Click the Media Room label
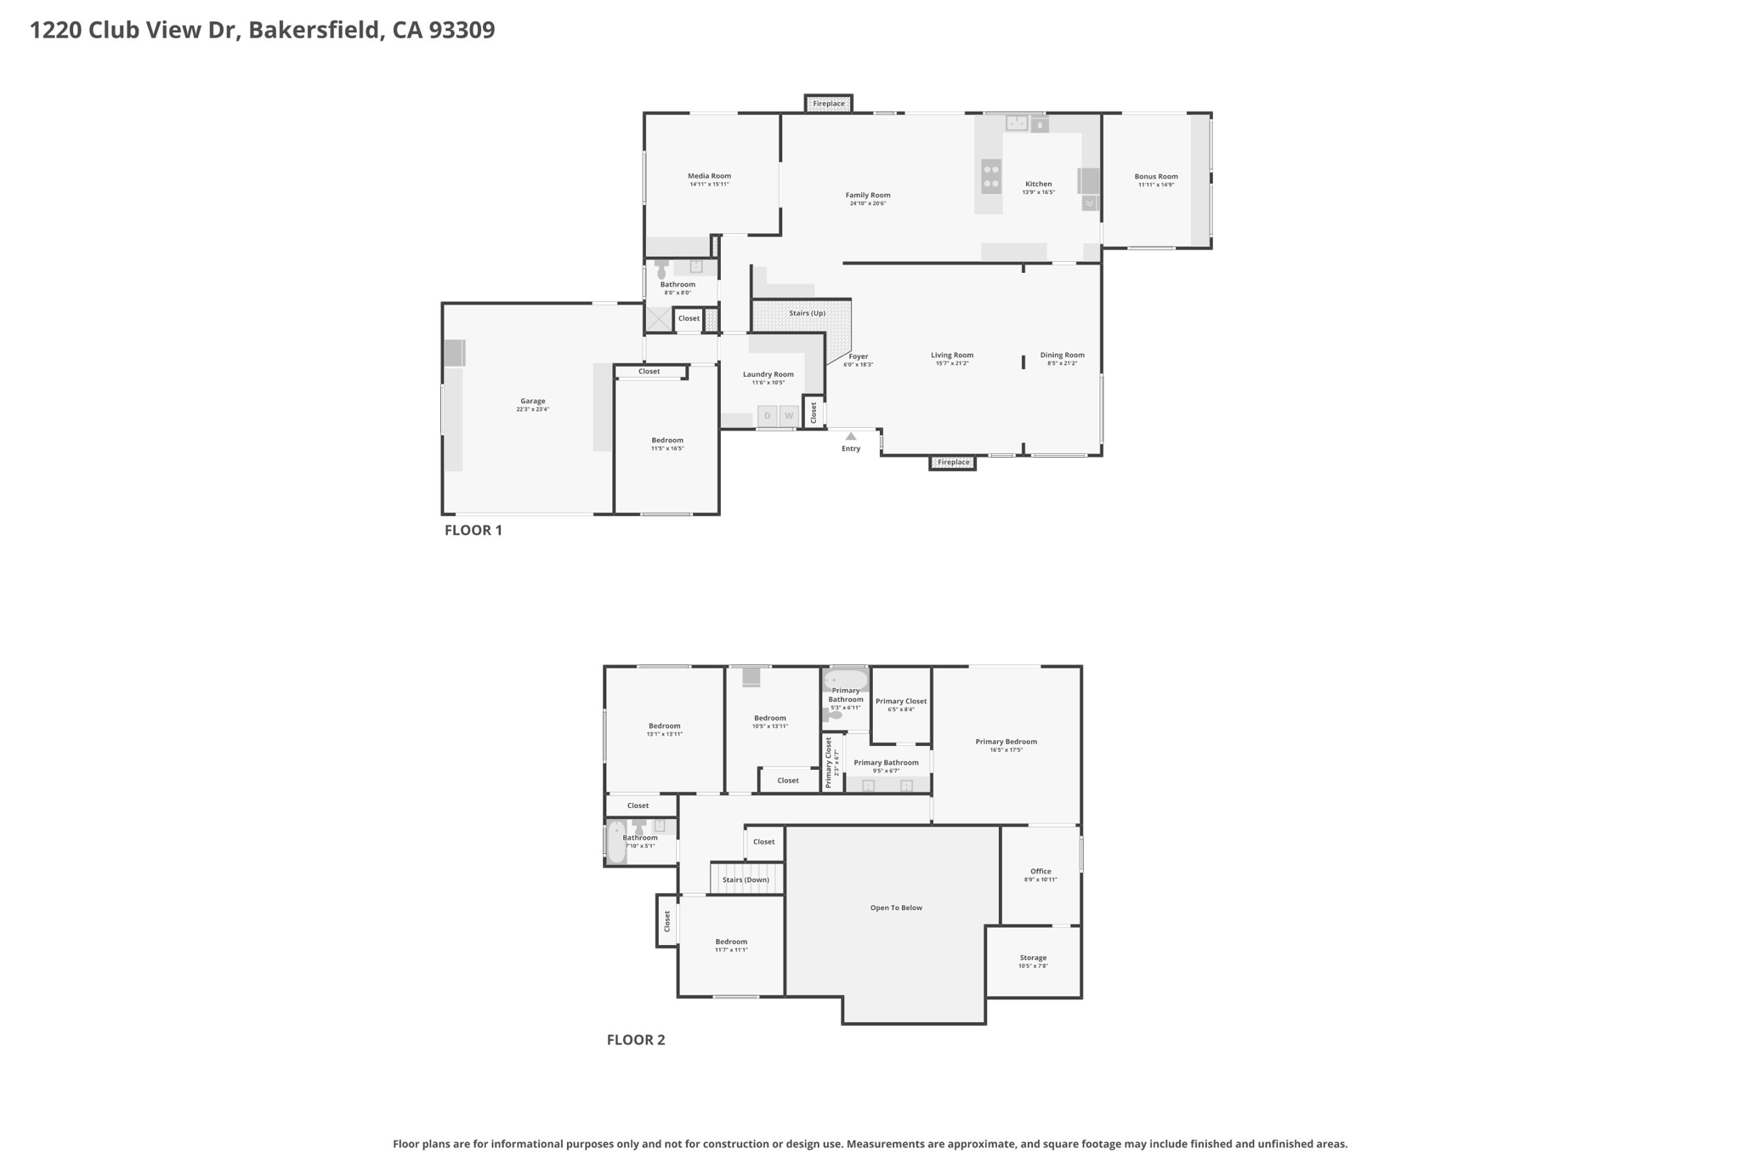pyautogui.click(x=709, y=176)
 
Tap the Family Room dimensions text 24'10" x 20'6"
pyautogui.click(x=868, y=203)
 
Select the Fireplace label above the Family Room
pyautogui.click(x=829, y=104)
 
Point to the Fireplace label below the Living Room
pyautogui.click(x=953, y=463)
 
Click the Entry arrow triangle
pyautogui.click(x=851, y=436)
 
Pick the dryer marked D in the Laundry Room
pyautogui.click(x=767, y=415)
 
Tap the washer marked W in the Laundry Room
pyautogui.click(x=789, y=415)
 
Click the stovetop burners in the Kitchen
pyautogui.click(x=991, y=176)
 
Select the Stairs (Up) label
pyautogui.click(x=807, y=313)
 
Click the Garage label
pyautogui.click(x=533, y=401)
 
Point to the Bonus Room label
pyautogui.click(x=1156, y=177)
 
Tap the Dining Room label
pyautogui.click(x=1063, y=356)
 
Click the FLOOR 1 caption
pyautogui.click(x=474, y=530)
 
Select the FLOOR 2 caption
pyautogui.click(x=636, y=1039)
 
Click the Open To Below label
pyautogui.click(x=896, y=908)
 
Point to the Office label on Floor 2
pyautogui.click(x=1041, y=871)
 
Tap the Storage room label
pyautogui.click(x=1033, y=958)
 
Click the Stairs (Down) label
pyautogui.click(x=746, y=879)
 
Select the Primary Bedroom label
pyautogui.click(x=1006, y=742)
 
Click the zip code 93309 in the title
pyautogui.click(x=462, y=30)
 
